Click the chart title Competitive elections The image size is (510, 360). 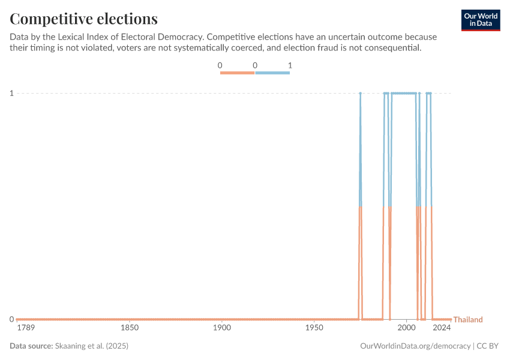84,19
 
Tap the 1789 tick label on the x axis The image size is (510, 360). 26,328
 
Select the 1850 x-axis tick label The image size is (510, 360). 130,328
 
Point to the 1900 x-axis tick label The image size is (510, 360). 222,328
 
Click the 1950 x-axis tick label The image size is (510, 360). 314,328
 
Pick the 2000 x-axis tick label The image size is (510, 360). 406,328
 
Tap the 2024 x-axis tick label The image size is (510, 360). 442,328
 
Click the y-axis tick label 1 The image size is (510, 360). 11,93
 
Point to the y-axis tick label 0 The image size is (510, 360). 11,319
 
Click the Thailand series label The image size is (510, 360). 468,320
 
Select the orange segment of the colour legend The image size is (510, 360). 238,73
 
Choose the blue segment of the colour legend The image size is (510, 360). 272,73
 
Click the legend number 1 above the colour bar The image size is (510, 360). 290,65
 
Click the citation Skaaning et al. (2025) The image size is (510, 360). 92,346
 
